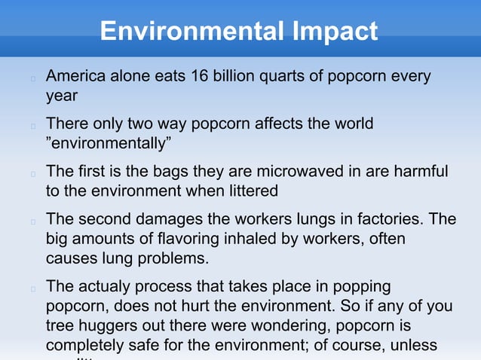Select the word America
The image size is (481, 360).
tap(78, 77)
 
